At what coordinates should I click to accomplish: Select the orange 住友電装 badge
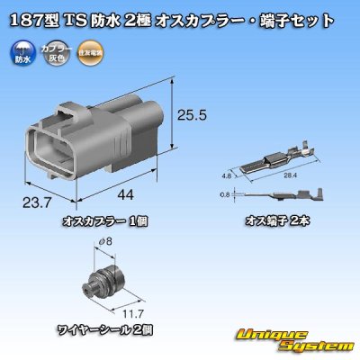coord(87,54)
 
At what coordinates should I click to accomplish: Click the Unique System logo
coord(298,339)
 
